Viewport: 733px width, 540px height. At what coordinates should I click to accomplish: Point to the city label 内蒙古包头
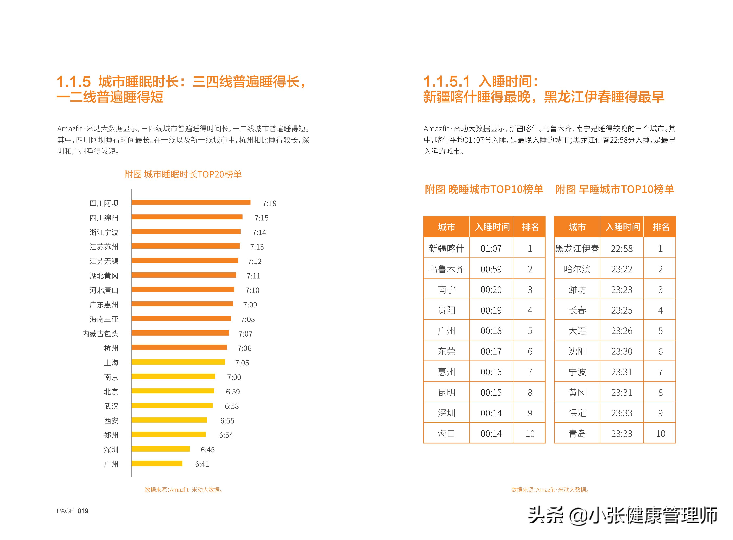100,333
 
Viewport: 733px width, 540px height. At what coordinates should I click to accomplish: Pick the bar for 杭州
179,347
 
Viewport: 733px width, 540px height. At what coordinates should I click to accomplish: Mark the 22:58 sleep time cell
621,249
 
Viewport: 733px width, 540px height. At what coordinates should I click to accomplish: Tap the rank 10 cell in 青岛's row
660,433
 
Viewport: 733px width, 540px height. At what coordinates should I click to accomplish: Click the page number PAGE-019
72,511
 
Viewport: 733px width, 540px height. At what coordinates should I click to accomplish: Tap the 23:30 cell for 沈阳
621,351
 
